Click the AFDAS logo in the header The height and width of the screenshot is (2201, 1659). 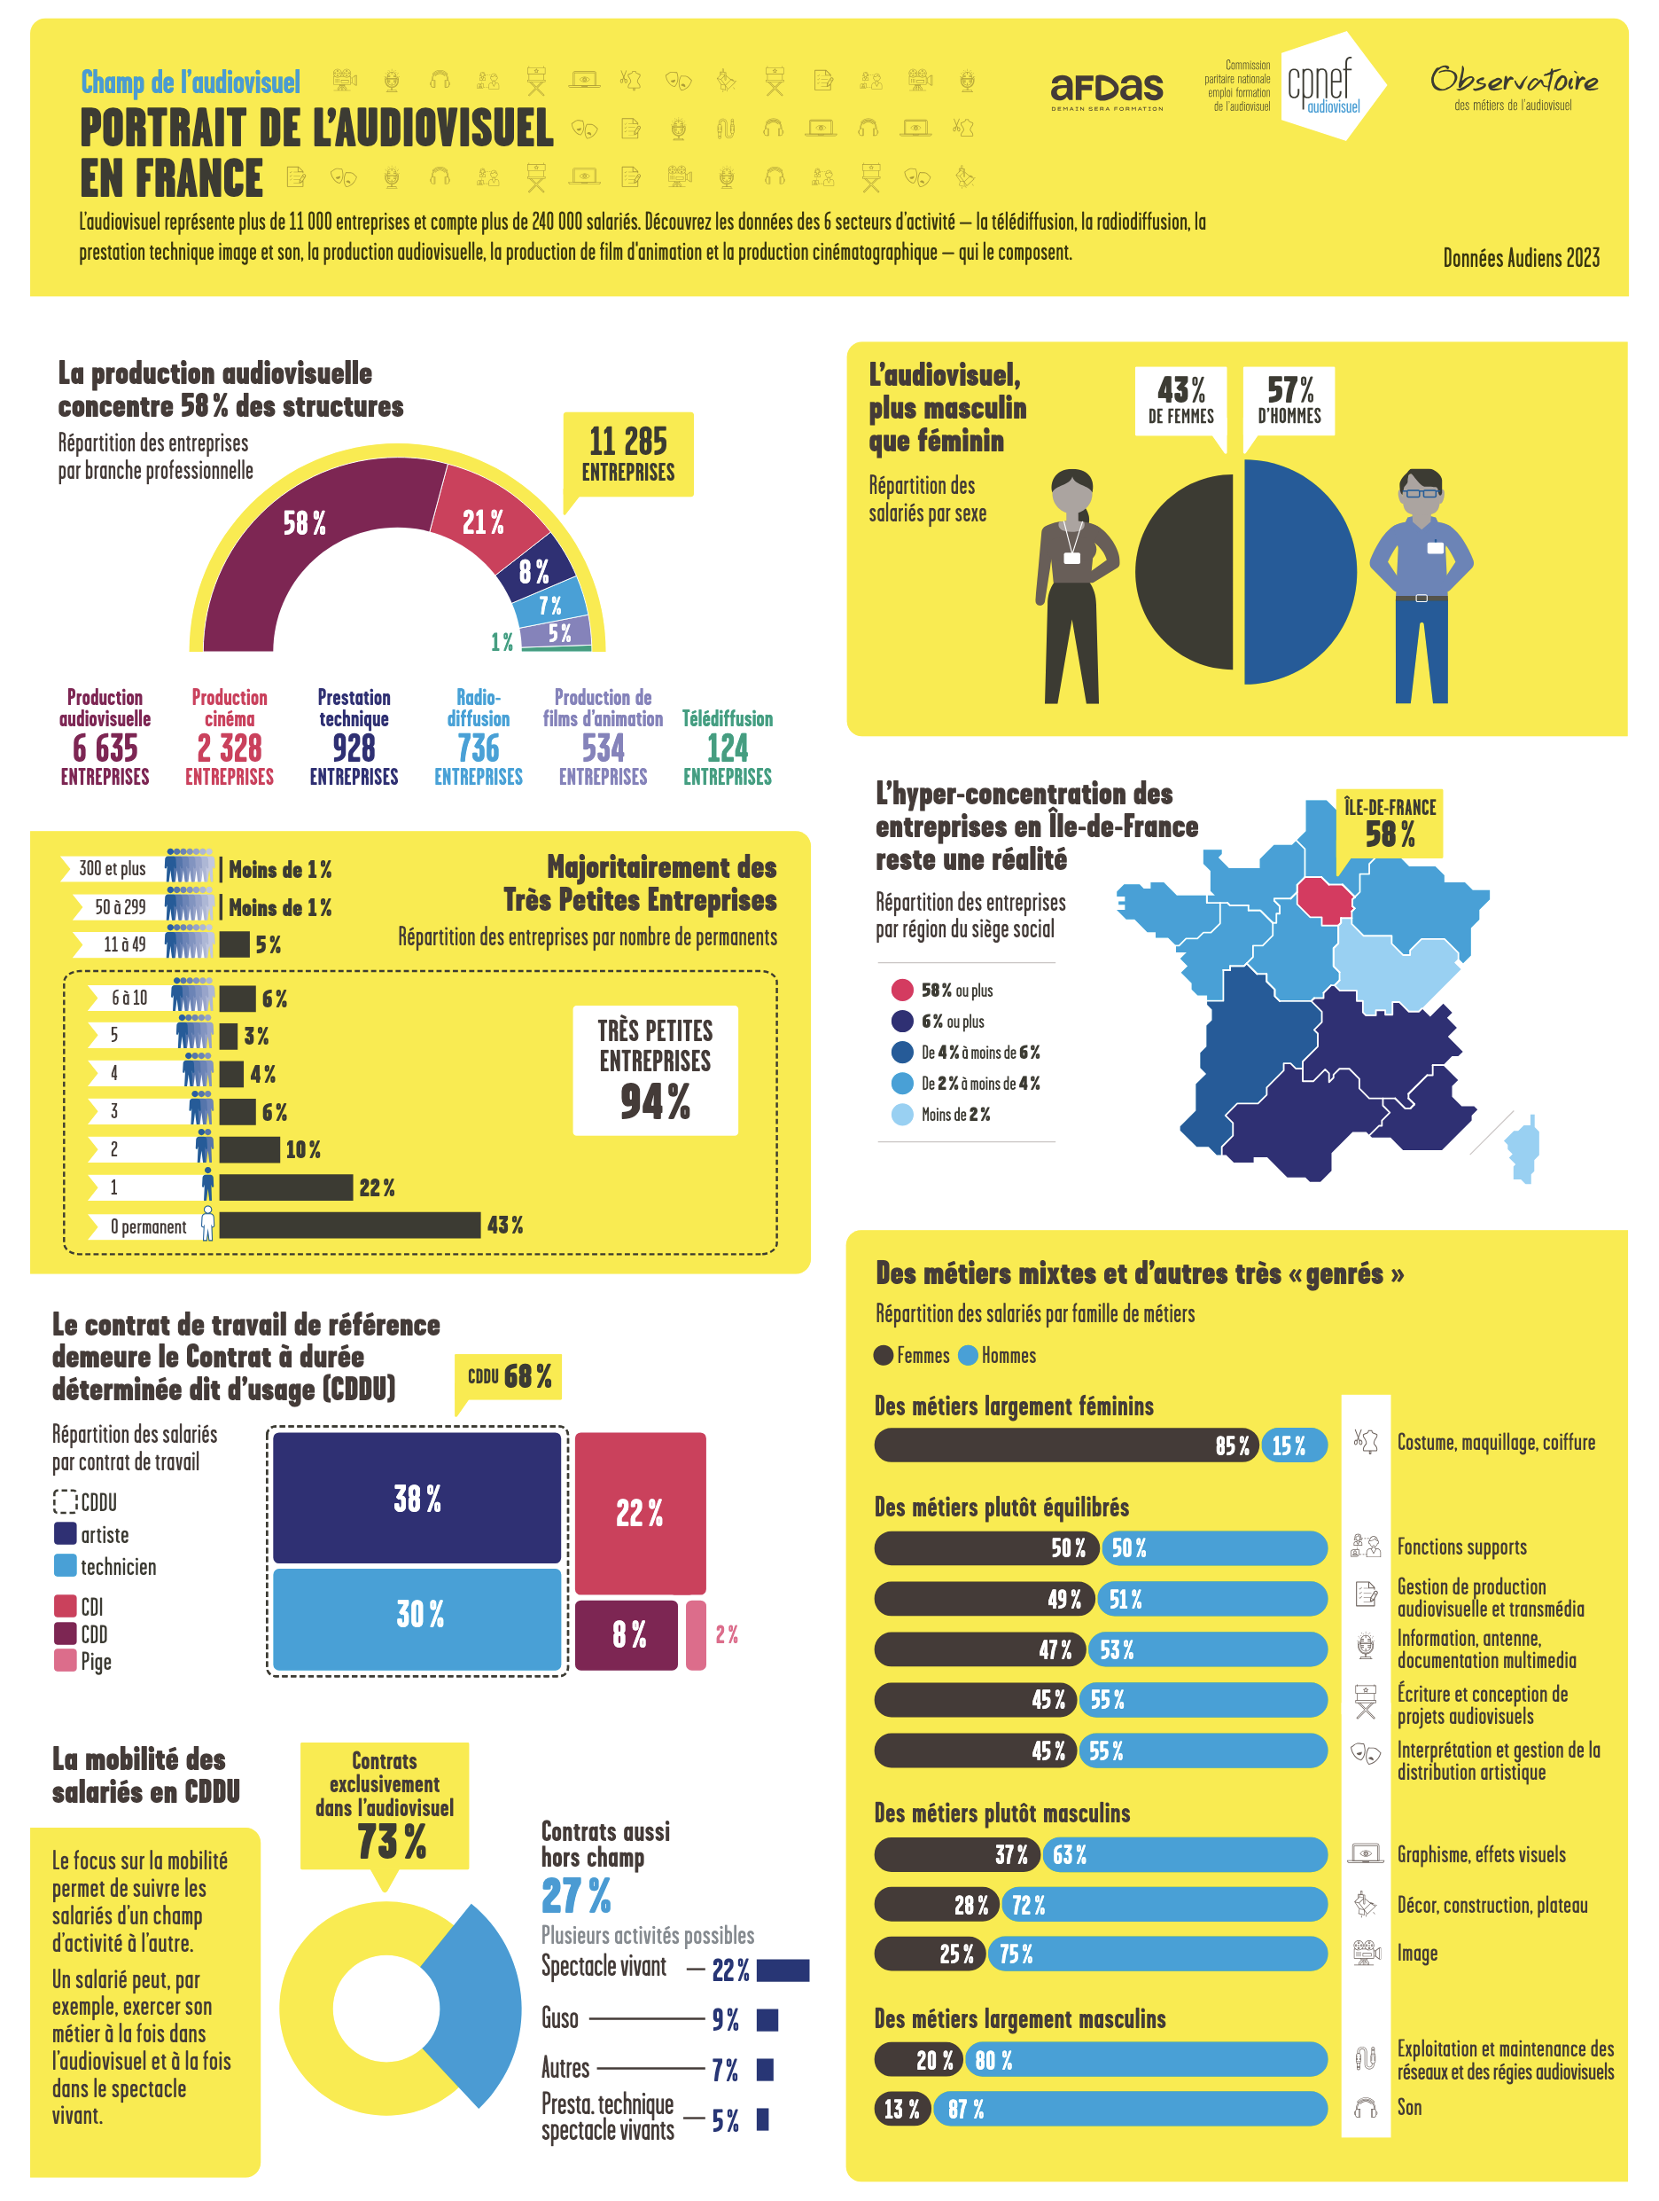pyautogui.click(x=1106, y=90)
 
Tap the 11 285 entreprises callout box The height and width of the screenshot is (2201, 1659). pyautogui.click(x=627, y=454)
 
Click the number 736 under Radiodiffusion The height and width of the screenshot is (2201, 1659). pyautogui.click(x=478, y=748)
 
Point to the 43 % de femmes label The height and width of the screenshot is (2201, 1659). pyautogui.click(x=1180, y=400)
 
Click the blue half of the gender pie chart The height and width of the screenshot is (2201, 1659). pyautogui.click(x=1299, y=572)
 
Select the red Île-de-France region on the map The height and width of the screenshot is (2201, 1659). pyautogui.click(x=1324, y=898)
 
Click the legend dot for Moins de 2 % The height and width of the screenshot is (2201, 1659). pyautogui.click(x=901, y=1115)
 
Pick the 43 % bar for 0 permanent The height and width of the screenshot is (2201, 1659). pyautogui.click(x=349, y=1225)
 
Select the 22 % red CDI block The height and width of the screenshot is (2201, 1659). pyautogui.click(x=640, y=1513)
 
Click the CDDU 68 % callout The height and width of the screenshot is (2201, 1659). pyautogui.click(x=508, y=1377)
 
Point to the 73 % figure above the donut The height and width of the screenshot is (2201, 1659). pyautogui.click(x=391, y=1841)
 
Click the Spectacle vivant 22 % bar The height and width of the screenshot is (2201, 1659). pyautogui.click(x=783, y=1970)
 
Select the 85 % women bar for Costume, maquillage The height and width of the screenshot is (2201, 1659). pyautogui.click(x=1064, y=1445)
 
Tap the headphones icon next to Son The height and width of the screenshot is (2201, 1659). pyautogui.click(x=1365, y=2108)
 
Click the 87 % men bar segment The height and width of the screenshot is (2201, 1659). pyautogui.click(x=1129, y=2109)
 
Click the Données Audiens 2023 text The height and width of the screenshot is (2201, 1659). pyautogui.click(x=1520, y=259)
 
